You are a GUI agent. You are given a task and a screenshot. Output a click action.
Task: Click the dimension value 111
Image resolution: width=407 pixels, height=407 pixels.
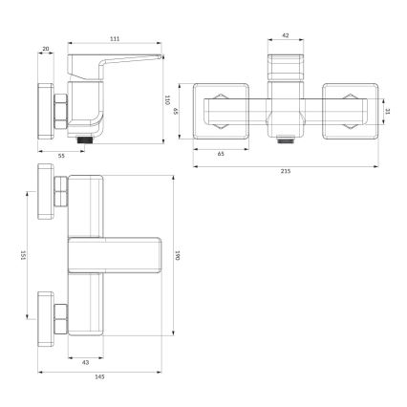(x=114, y=39)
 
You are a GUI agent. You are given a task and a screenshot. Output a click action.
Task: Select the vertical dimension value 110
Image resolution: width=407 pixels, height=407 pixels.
(x=166, y=98)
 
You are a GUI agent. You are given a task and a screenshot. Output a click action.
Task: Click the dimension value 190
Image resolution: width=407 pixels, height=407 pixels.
(x=178, y=255)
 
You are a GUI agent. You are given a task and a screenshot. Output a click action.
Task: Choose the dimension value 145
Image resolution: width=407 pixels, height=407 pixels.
(x=99, y=375)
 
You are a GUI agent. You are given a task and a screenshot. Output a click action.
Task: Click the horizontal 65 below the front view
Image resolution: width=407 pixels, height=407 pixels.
(x=221, y=153)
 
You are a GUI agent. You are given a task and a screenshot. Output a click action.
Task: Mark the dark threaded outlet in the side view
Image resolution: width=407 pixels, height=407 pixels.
(x=88, y=138)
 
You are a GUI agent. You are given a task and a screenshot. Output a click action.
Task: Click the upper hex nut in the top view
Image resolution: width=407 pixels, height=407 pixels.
(x=60, y=191)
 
